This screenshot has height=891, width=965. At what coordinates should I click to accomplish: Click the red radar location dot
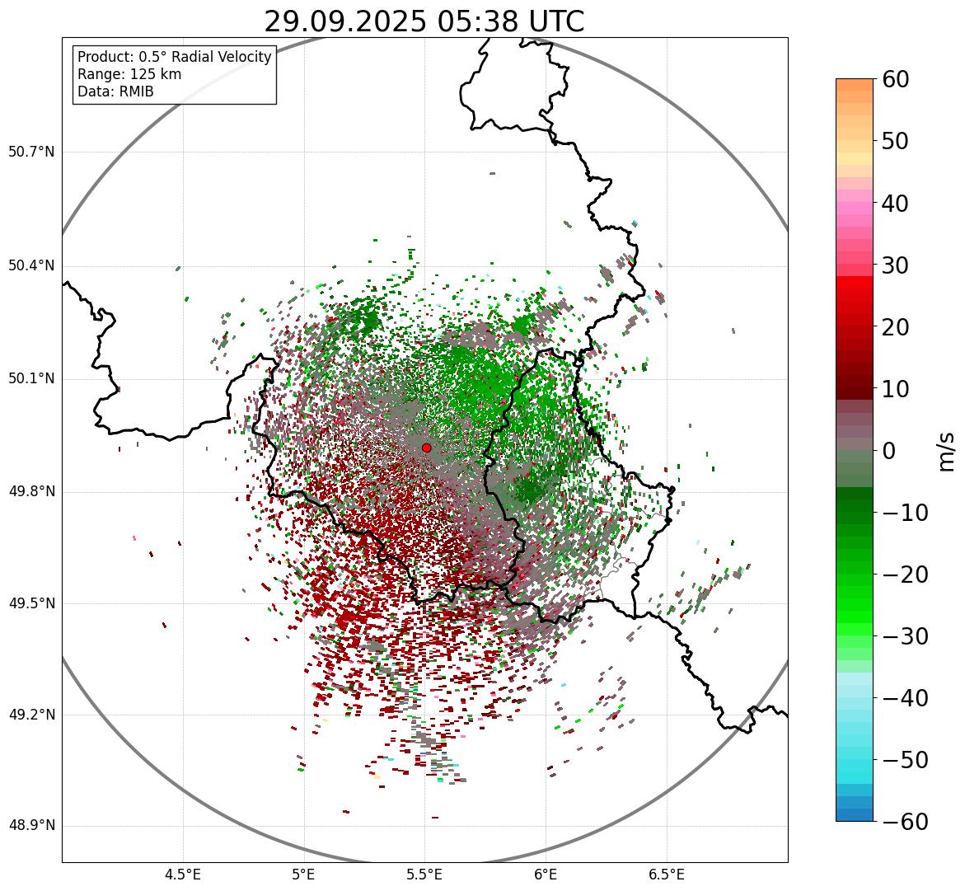click(426, 448)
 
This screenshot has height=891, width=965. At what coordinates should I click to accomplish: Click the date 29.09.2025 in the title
click(344, 21)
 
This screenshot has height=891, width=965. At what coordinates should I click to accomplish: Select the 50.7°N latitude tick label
click(31, 152)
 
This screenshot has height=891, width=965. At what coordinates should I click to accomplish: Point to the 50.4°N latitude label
click(31, 266)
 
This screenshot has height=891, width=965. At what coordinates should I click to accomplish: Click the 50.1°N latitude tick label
click(31, 379)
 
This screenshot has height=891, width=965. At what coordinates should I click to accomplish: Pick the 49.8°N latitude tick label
click(31, 492)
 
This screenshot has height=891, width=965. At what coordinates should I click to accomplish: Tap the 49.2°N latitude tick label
click(31, 715)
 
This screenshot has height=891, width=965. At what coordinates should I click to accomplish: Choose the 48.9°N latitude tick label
click(31, 826)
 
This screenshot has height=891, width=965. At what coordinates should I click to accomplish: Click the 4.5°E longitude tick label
click(183, 875)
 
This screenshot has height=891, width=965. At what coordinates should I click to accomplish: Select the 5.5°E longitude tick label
click(424, 875)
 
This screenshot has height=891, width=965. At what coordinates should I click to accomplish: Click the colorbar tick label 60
click(906, 79)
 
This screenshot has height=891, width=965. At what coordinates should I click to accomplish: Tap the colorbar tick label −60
click(905, 822)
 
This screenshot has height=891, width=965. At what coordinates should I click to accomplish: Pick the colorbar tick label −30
click(905, 636)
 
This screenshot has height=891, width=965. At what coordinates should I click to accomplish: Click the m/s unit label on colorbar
click(947, 451)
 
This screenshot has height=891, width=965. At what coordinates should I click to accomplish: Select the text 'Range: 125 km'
click(129, 74)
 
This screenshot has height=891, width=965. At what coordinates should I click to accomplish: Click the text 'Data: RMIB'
click(115, 91)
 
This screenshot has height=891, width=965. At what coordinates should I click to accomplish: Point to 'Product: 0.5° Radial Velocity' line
click(174, 57)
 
